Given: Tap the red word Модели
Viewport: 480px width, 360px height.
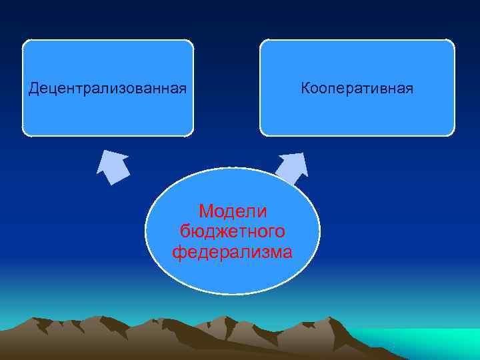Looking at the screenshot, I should pos(233,211).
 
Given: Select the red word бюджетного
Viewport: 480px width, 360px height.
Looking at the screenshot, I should pos(233,231).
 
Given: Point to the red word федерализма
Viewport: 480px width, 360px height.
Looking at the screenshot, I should pos(233,252).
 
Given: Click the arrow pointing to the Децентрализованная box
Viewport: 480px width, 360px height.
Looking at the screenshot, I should pos(113,167).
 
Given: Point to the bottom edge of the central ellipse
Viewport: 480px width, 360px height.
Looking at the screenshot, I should pos(233,293).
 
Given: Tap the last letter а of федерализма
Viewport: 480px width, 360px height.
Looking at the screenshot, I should pos(287,252).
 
